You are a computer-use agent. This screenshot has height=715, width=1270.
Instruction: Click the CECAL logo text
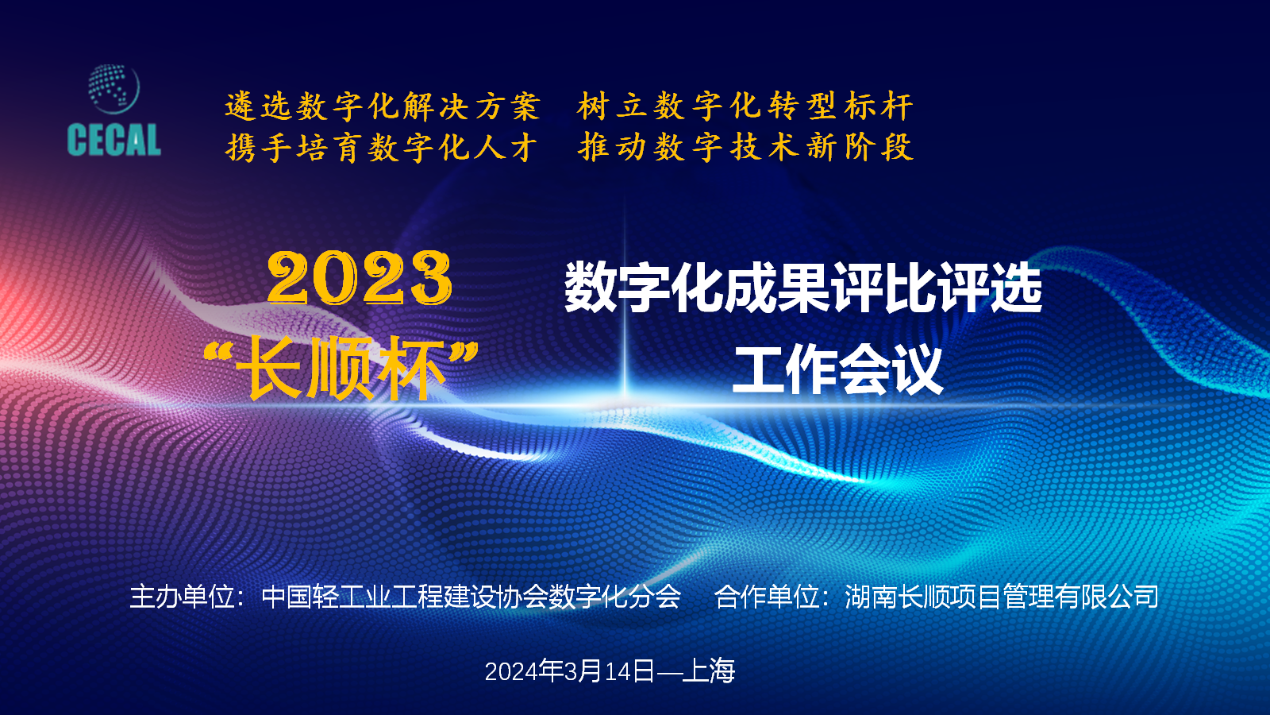(114, 140)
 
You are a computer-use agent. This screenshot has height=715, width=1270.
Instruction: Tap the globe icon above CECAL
(114, 89)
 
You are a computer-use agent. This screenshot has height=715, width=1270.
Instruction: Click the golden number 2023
(360, 278)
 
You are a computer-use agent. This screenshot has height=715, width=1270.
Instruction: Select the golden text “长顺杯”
(341, 368)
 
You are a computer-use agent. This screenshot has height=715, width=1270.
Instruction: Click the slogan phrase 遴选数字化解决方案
(383, 106)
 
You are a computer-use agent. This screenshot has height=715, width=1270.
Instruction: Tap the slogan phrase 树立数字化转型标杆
(745, 106)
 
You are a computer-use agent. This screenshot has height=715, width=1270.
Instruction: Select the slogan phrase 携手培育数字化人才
(381, 148)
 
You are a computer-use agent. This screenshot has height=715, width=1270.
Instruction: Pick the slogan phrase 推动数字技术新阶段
(745, 148)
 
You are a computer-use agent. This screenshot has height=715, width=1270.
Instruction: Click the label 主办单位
(182, 597)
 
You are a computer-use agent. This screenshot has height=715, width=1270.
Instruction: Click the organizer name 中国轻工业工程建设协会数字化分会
(471, 597)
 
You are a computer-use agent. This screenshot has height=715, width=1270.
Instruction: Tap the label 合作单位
(767, 597)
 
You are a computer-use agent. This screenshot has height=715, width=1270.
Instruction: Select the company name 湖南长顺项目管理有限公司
(1002, 597)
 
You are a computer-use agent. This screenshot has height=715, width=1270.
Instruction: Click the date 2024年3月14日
(570, 671)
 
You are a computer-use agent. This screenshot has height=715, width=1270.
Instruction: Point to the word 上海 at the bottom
(709, 671)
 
